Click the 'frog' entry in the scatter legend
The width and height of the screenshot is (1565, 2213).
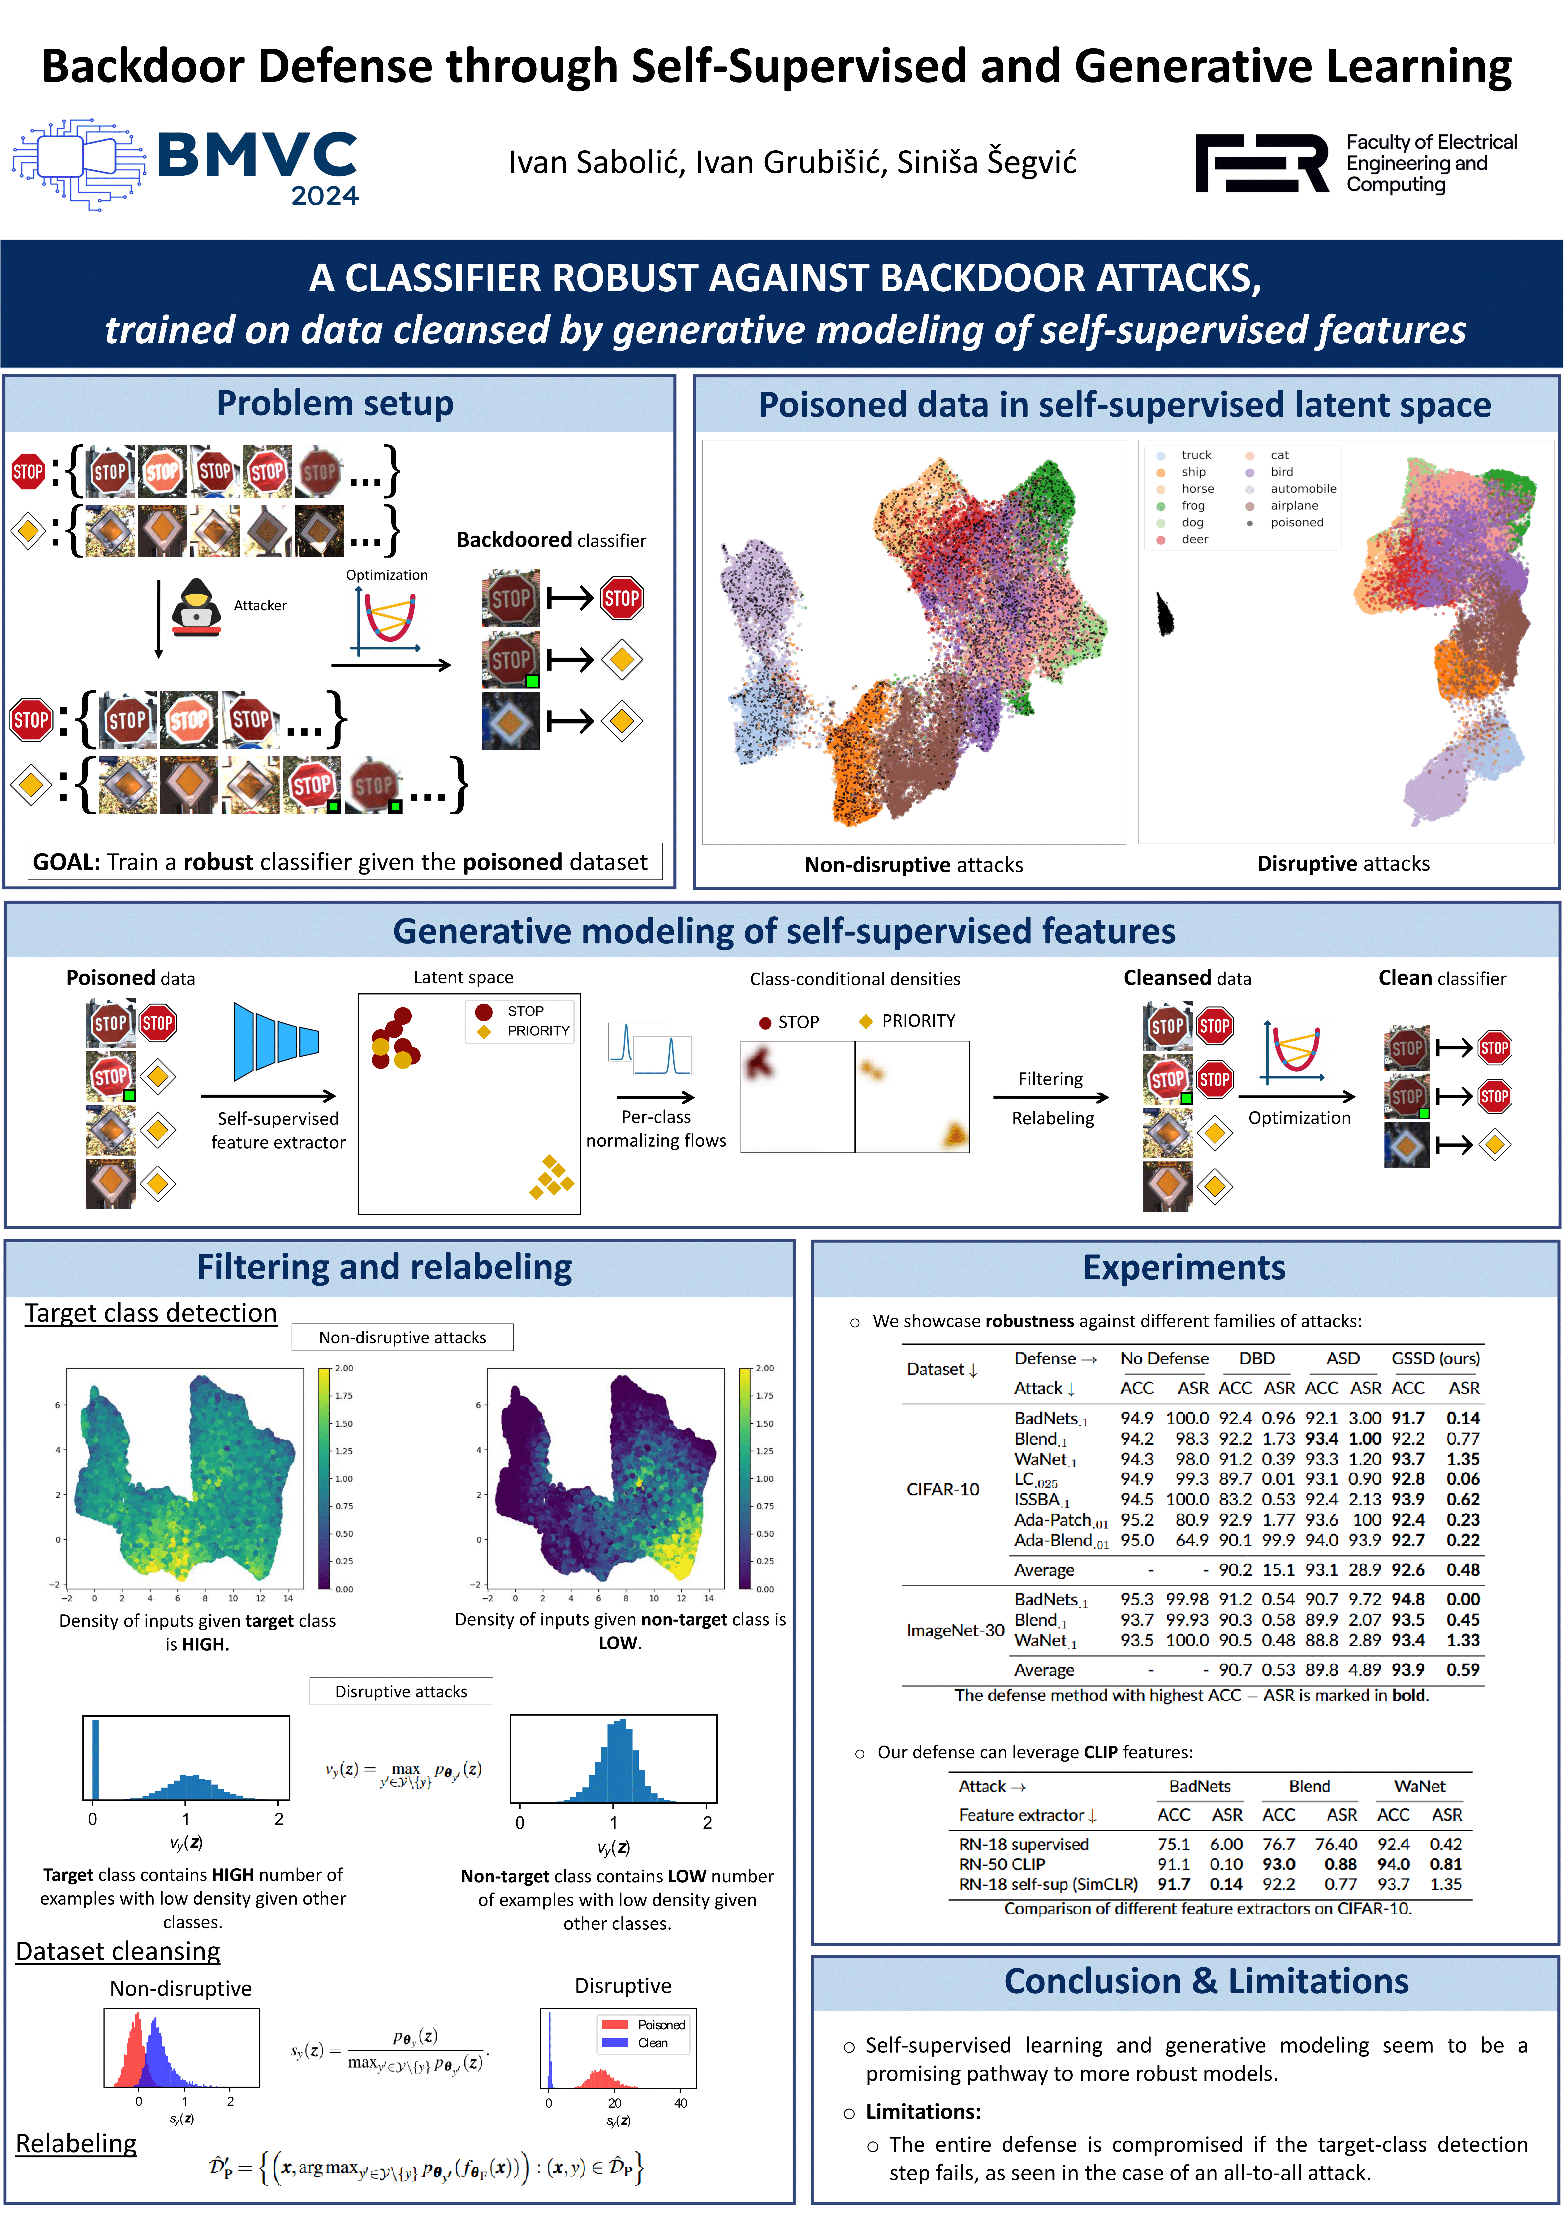(1193, 505)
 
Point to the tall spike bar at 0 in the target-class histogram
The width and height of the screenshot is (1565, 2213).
(95, 1759)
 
